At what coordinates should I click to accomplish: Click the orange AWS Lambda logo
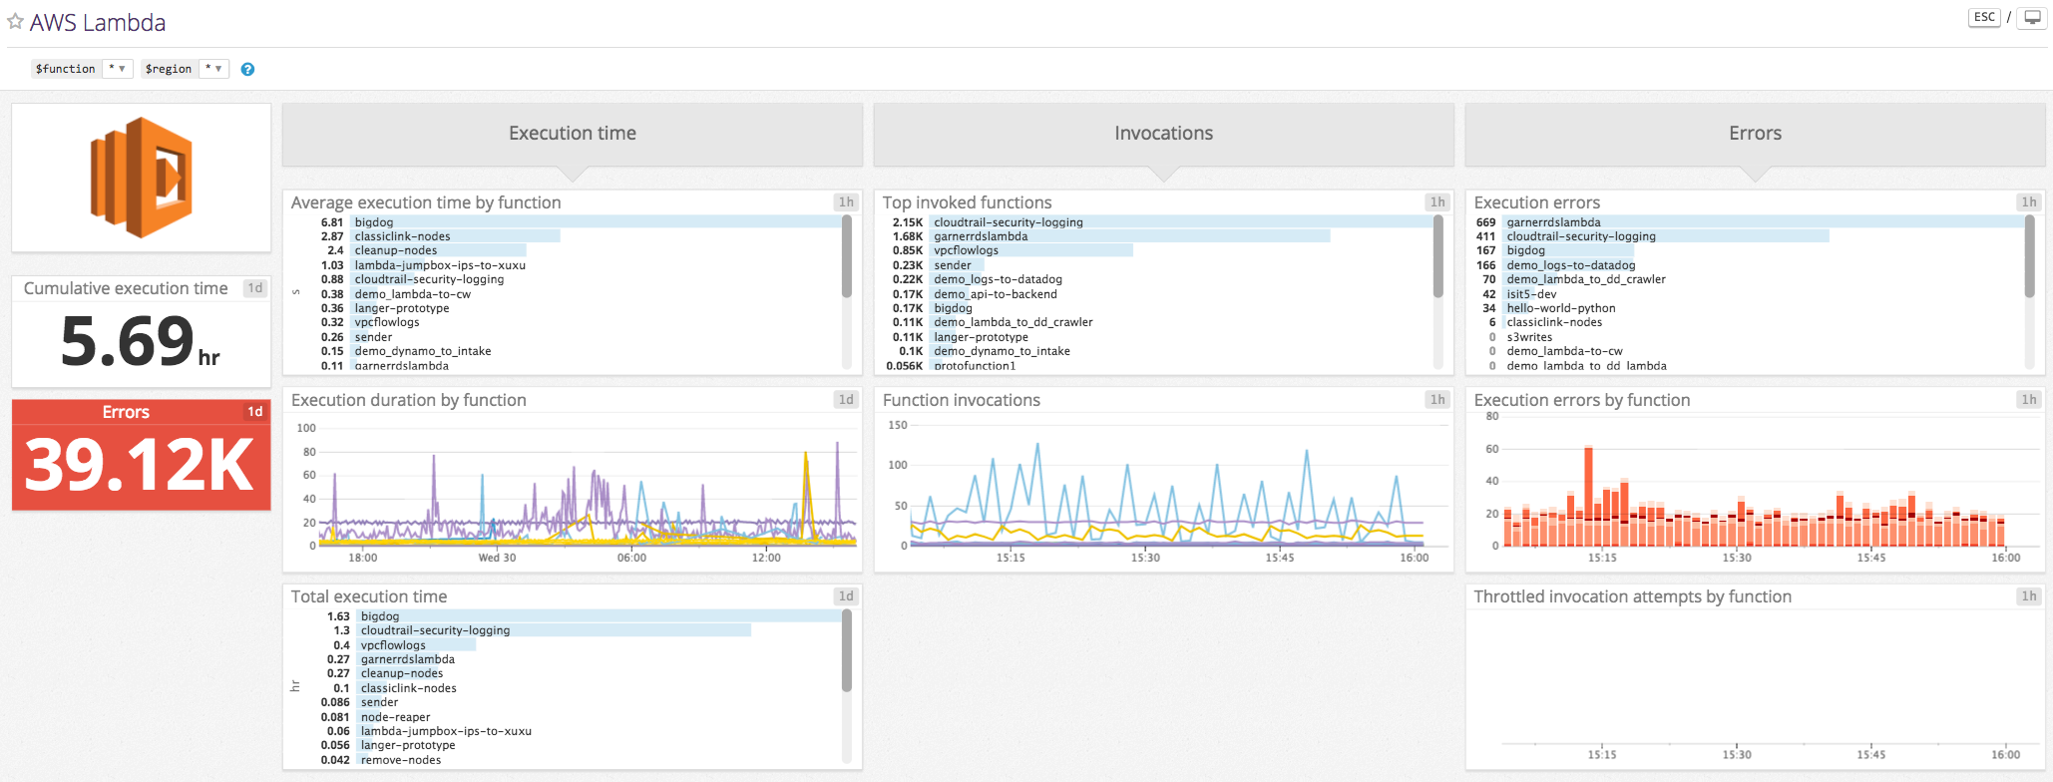141,177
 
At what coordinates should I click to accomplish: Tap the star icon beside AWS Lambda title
15,22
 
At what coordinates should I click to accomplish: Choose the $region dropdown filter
186,69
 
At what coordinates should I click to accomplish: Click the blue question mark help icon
247,69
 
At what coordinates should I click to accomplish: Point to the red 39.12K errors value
140,465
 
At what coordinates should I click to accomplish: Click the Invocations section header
1163,134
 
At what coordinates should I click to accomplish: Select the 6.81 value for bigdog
331,222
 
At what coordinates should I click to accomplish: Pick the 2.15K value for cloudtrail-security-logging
907,222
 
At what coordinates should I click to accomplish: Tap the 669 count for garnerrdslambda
1485,222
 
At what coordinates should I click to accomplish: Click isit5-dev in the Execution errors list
1531,294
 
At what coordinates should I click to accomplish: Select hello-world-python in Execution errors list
1560,308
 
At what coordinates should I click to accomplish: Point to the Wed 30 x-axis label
497,558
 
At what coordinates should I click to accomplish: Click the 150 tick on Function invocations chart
898,426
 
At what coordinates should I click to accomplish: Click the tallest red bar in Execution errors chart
1588,489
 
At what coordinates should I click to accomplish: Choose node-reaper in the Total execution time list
395,717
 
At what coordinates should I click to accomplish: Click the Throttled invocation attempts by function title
1632,596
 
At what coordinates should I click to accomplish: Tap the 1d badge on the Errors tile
255,412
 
